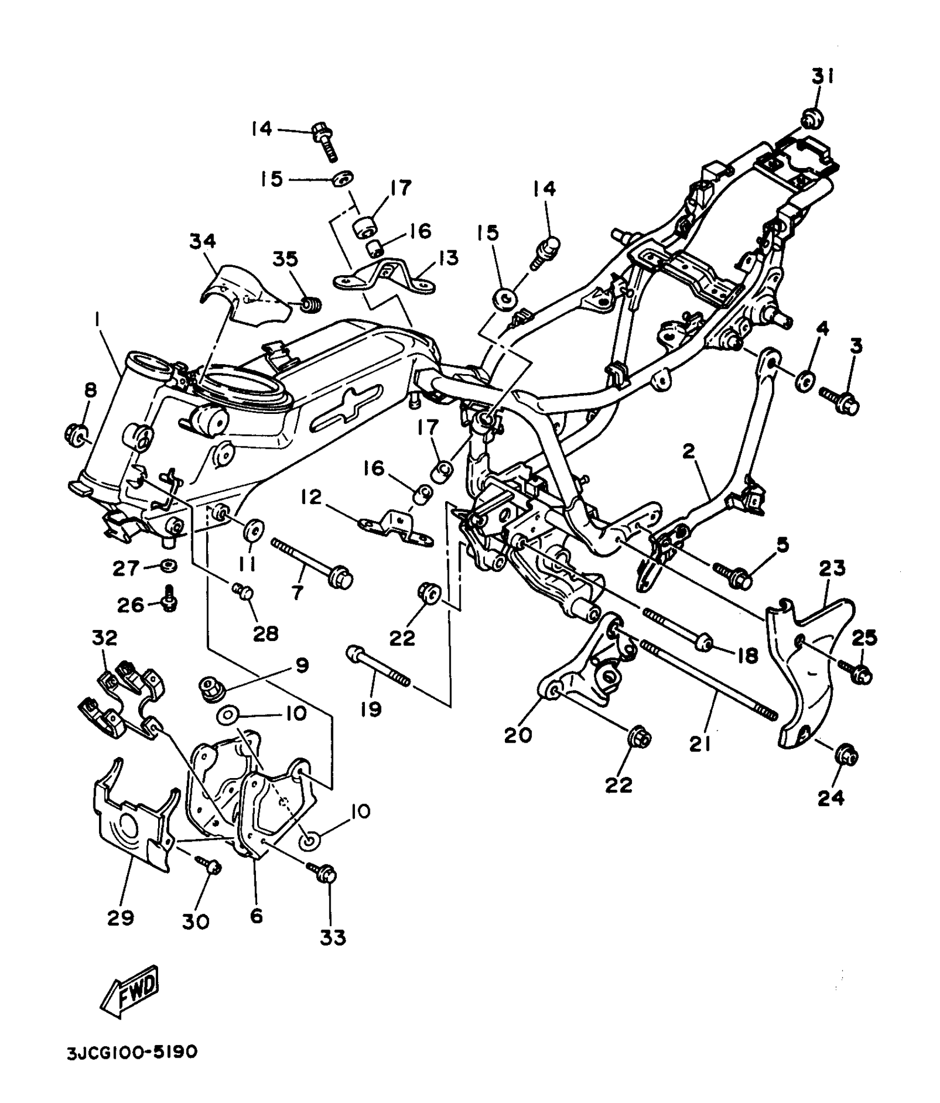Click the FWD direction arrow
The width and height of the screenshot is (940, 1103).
coord(129,992)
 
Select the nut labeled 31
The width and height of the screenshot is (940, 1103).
coord(812,118)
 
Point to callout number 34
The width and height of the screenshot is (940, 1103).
coord(202,241)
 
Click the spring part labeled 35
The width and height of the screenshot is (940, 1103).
coord(311,303)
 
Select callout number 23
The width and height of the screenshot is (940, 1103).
coord(832,568)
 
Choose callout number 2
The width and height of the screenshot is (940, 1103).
coord(688,452)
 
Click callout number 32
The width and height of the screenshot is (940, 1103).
coord(105,638)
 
